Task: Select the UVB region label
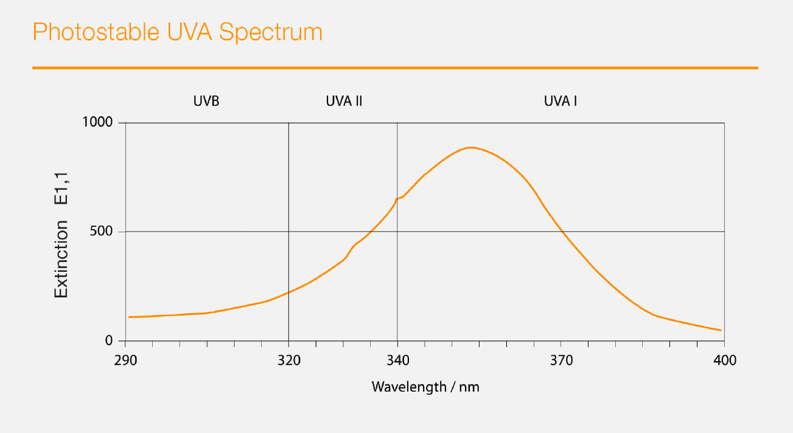click(x=206, y=102)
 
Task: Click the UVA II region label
click(x=344, y=102)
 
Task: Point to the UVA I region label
click(x=560, y=102)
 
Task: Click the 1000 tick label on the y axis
click(x=97, y=122)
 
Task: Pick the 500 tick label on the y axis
click(x=102, y=232)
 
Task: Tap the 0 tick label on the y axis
click(x=110, y=341)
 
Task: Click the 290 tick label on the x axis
click(x=125, y=361)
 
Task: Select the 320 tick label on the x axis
click(x=288, y=361)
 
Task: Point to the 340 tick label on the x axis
click(x=397, y=361)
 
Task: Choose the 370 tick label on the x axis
click(x=561, y=361)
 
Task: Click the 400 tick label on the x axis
click(x=724, y=361)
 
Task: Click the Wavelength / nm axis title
click(x=425, y=387)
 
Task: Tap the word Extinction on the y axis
click(x=61, y=259)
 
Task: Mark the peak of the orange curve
click(x=470, y=147)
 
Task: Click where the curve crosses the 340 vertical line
click(x=397, y=199)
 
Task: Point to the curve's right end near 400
click(x=721, y=330)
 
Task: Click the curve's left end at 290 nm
click(x=129, y=317)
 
